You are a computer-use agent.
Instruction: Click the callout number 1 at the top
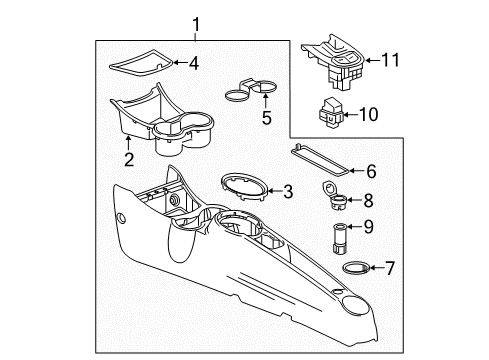(x=196, y=24)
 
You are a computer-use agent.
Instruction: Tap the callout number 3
(x=288, y=191)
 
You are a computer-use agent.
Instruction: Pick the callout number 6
(x=371, y=171)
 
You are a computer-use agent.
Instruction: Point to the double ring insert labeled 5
(x=249, y=90)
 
